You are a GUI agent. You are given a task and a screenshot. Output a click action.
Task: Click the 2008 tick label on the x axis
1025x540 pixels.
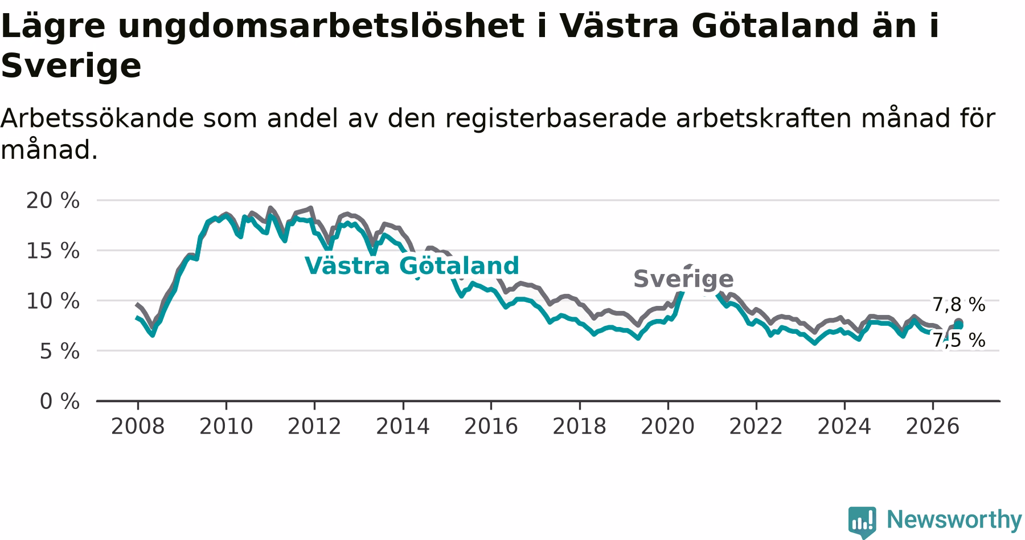137,426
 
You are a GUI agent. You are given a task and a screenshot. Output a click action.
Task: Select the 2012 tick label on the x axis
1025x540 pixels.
314,426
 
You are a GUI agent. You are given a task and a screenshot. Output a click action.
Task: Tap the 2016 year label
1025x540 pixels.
491,426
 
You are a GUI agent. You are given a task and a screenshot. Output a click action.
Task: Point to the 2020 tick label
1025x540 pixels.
668,426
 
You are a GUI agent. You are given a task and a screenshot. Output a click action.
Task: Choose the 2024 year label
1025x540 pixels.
844,426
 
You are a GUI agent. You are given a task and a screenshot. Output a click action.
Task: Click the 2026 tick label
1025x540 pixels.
933,426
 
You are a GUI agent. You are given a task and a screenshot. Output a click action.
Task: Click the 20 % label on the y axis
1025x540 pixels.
53,201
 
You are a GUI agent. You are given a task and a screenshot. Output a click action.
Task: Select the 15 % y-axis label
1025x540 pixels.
53,251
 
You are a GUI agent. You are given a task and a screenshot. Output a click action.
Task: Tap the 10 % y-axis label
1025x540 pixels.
53,301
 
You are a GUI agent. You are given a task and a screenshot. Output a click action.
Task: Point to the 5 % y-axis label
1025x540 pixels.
60,351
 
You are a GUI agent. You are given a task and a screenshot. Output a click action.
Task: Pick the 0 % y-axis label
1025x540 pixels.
60,402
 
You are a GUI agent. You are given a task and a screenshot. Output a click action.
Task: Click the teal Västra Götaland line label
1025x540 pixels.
412,266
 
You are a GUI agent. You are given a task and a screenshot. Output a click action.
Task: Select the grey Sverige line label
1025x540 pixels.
683,279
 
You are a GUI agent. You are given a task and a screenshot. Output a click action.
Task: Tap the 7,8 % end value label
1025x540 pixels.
959,305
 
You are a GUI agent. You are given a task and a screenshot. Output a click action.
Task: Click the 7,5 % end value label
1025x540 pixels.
959,340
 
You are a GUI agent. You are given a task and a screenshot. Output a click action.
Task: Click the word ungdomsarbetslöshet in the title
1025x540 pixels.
321,26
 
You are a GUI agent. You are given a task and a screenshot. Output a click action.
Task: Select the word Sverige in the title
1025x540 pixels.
71,66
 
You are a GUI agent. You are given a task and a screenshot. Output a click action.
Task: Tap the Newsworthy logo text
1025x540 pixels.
954,519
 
